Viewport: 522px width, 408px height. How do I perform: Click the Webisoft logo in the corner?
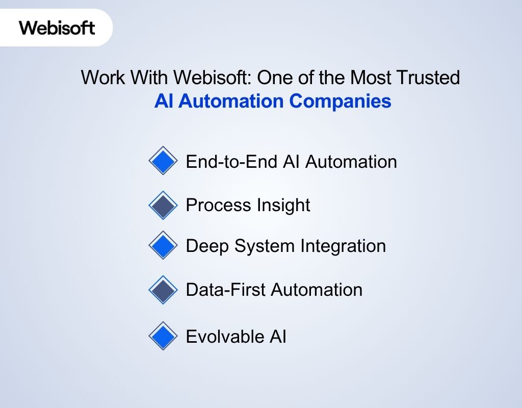pyautogui.click(x=57, y=28)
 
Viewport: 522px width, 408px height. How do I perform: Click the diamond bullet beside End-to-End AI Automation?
pyautogui.click(x=163, y=161)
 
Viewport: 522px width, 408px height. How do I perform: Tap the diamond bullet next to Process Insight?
pyautogui.click(x=163, y=205)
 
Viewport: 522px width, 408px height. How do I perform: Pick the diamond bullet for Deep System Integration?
pyautogui.click(x=163, y=246)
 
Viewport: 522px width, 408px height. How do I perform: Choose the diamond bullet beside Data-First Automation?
pyautogui.click(x=163, y=290)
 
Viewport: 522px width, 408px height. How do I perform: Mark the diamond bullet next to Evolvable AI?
pyautogui.click(x=163, y=336)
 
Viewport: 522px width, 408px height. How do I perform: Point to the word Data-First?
pyautogui.click(x=226, y=290)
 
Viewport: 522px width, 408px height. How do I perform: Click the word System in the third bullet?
pyautogui.click(x=265, y=246)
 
